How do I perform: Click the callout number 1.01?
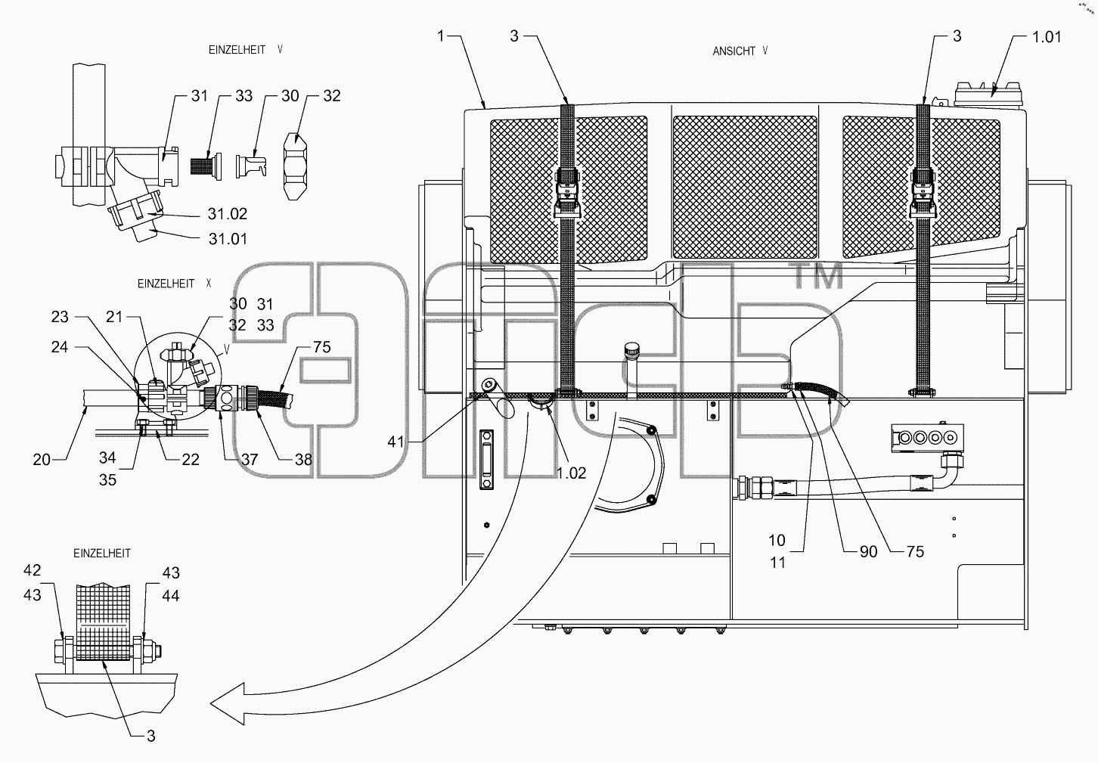pos(1047,37)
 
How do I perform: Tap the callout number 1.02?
pos(571,473)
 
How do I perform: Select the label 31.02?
pos(228,214)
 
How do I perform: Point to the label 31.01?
pos(228,239)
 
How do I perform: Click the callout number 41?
pos(395,442)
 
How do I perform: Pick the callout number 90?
pos(869,552)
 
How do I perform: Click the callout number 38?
pos(303,460)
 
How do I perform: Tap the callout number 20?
pos(42,460)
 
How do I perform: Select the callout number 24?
pos(60,347)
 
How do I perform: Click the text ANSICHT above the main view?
pos(734,51)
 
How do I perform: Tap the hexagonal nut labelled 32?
pos(295,166)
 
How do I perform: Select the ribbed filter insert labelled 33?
pos(206,166)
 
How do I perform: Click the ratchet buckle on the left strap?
pos(568,193)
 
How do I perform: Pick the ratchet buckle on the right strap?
pos(923,193)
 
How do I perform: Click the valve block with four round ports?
pos(927,437)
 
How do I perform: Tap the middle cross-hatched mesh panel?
pos(745,188)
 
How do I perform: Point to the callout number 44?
pos(171,596)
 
